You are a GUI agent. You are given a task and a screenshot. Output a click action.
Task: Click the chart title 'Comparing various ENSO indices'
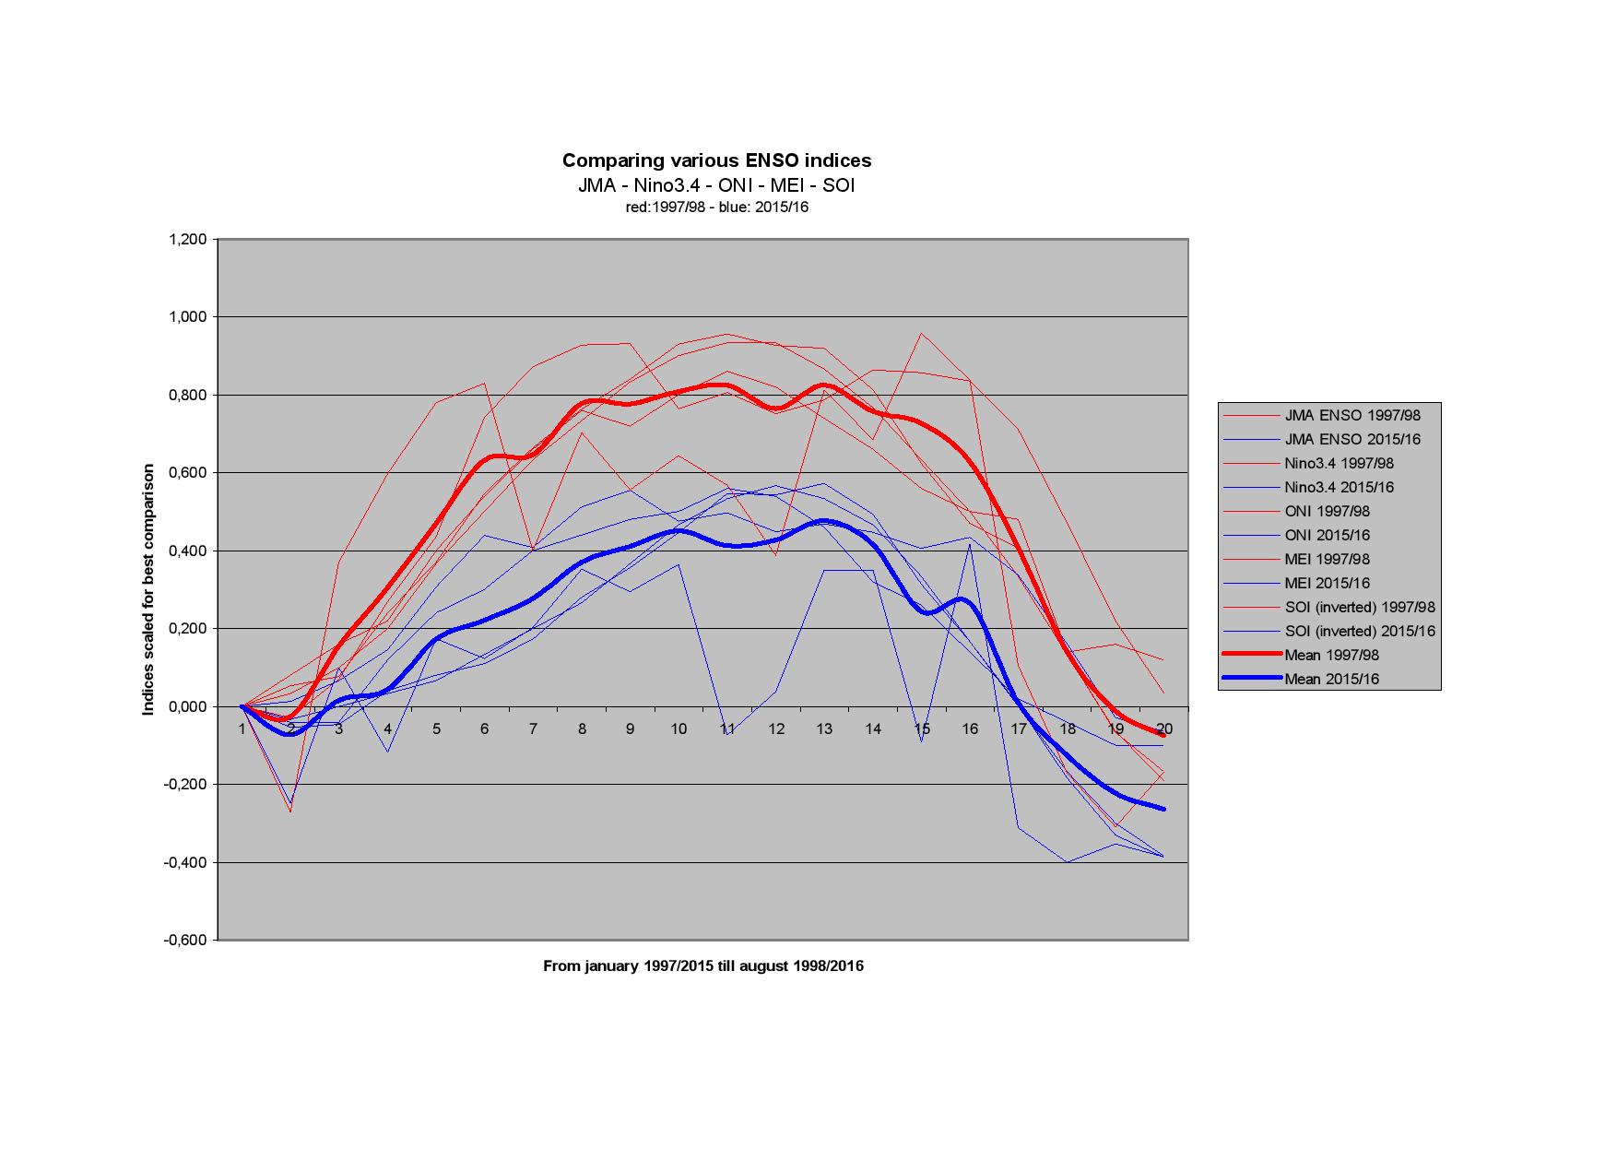point(716,160)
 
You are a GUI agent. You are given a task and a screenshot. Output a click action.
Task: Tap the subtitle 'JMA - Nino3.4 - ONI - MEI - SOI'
point(716,185)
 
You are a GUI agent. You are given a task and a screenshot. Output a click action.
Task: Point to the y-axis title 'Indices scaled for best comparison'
point(148,590)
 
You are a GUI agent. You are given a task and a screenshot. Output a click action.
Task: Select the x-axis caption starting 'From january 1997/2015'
point(702,966)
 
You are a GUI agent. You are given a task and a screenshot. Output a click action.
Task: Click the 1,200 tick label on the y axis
point(187,240)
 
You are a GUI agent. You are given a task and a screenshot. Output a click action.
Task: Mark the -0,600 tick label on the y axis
point(185,941)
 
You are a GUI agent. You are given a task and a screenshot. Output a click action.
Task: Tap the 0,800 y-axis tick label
point(187,396)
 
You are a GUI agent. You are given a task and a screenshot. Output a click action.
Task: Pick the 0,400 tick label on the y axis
point(187,551)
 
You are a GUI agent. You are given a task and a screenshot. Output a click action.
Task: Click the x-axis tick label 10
point(679,728)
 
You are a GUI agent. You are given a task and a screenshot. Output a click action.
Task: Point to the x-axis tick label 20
point(1163,728)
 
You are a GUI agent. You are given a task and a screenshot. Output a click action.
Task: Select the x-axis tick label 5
point(436,728)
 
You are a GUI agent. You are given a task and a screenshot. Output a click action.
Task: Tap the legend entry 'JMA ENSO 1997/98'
point(1352,416)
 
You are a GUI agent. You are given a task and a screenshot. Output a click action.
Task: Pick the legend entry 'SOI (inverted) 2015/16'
point(1360,632)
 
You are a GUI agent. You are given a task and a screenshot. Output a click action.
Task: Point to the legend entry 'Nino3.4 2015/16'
point(1339,488)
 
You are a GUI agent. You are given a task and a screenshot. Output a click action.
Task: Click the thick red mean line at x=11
point(727,385)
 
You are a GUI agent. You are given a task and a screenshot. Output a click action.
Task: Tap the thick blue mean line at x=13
point(825,521)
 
